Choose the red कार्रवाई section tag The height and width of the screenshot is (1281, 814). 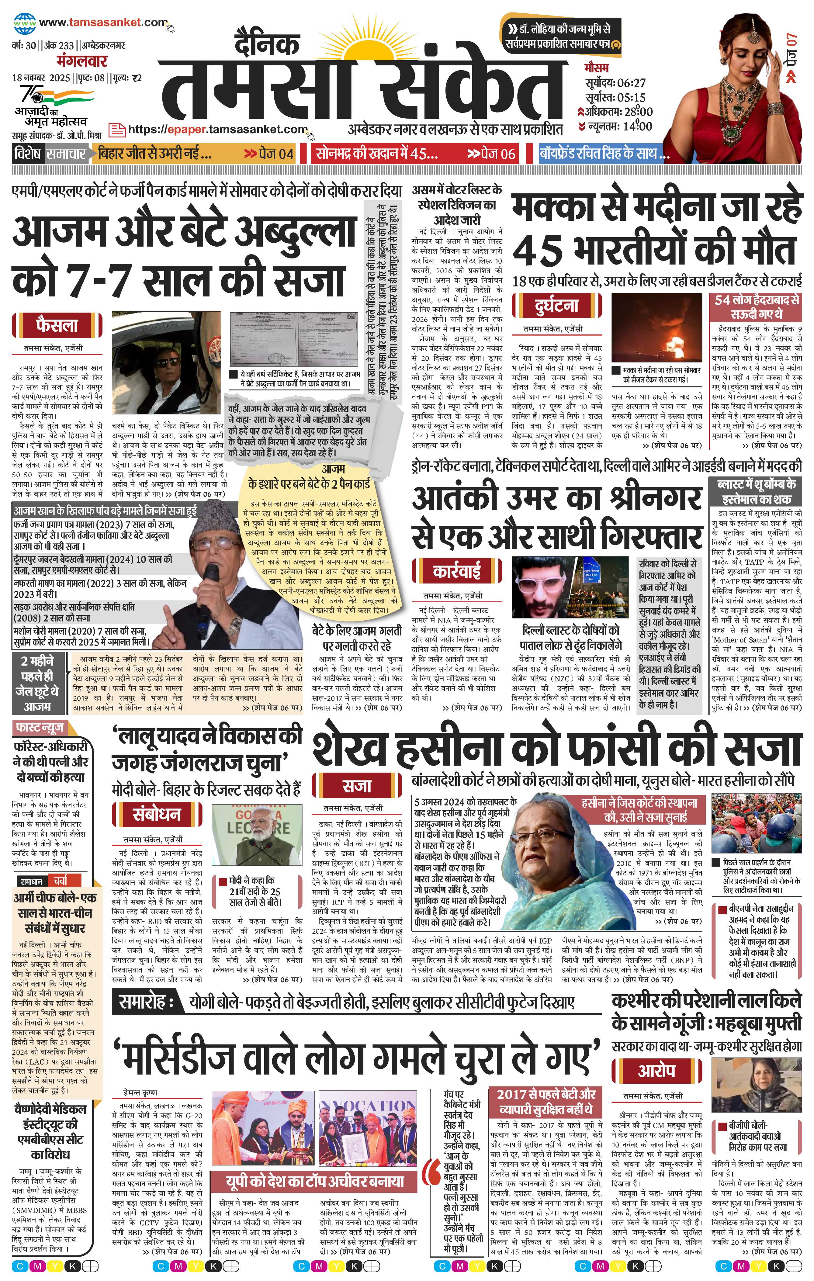(457, 571)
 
